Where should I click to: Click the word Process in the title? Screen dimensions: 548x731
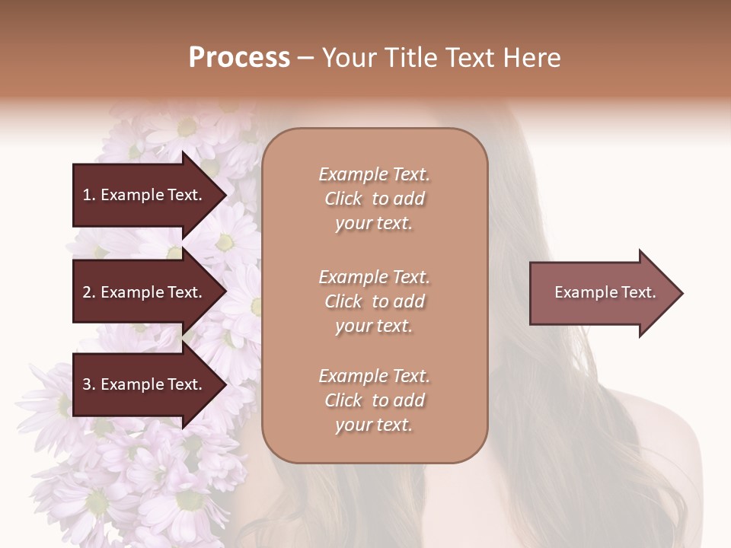(x=239, y=58)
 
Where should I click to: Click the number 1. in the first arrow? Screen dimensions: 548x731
(x=88, y=195)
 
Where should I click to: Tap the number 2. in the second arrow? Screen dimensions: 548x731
(x=88, y=292)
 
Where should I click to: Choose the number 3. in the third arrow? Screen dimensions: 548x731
(x=88, y=385)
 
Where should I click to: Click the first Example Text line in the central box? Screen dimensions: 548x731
(x=374, y=174)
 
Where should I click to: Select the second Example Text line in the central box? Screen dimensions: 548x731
(x=374, y=277)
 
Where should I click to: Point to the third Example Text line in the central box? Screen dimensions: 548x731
(x=374, y=376)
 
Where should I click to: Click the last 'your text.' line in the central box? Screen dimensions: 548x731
(x=374, y=425)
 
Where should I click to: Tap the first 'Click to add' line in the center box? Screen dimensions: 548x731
(x=374, y=199)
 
